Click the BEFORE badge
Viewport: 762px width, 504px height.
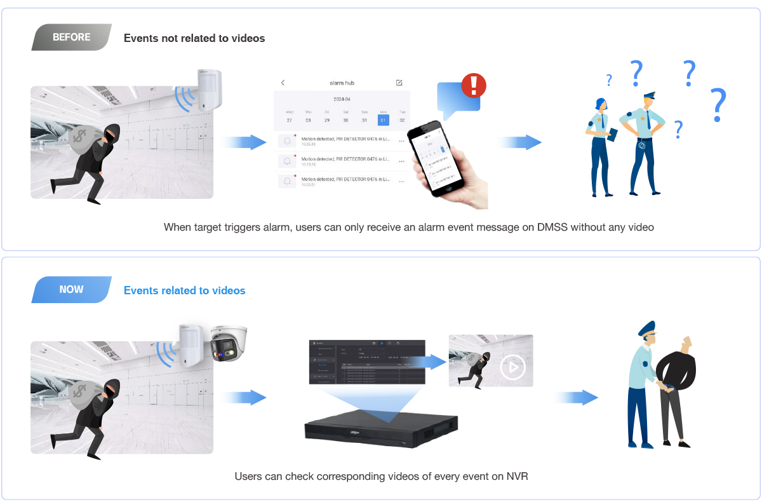pos(71,37)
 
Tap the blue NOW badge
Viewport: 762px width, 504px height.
pos(71,289)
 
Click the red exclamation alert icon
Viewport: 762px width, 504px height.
pos(473,85)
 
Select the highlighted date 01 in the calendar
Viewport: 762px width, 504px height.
pos(383,119)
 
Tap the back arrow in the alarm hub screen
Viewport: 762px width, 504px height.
pos(283,83)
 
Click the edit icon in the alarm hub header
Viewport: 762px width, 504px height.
pos(399,83)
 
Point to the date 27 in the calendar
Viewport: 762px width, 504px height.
pos(289,119)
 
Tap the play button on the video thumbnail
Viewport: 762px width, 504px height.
pos(512,367)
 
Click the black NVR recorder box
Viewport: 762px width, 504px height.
pos(381,428)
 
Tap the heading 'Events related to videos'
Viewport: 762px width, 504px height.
pos(184,290)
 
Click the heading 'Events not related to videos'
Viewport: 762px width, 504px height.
pos(194,38)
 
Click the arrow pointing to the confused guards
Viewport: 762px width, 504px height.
pos(519,142)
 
